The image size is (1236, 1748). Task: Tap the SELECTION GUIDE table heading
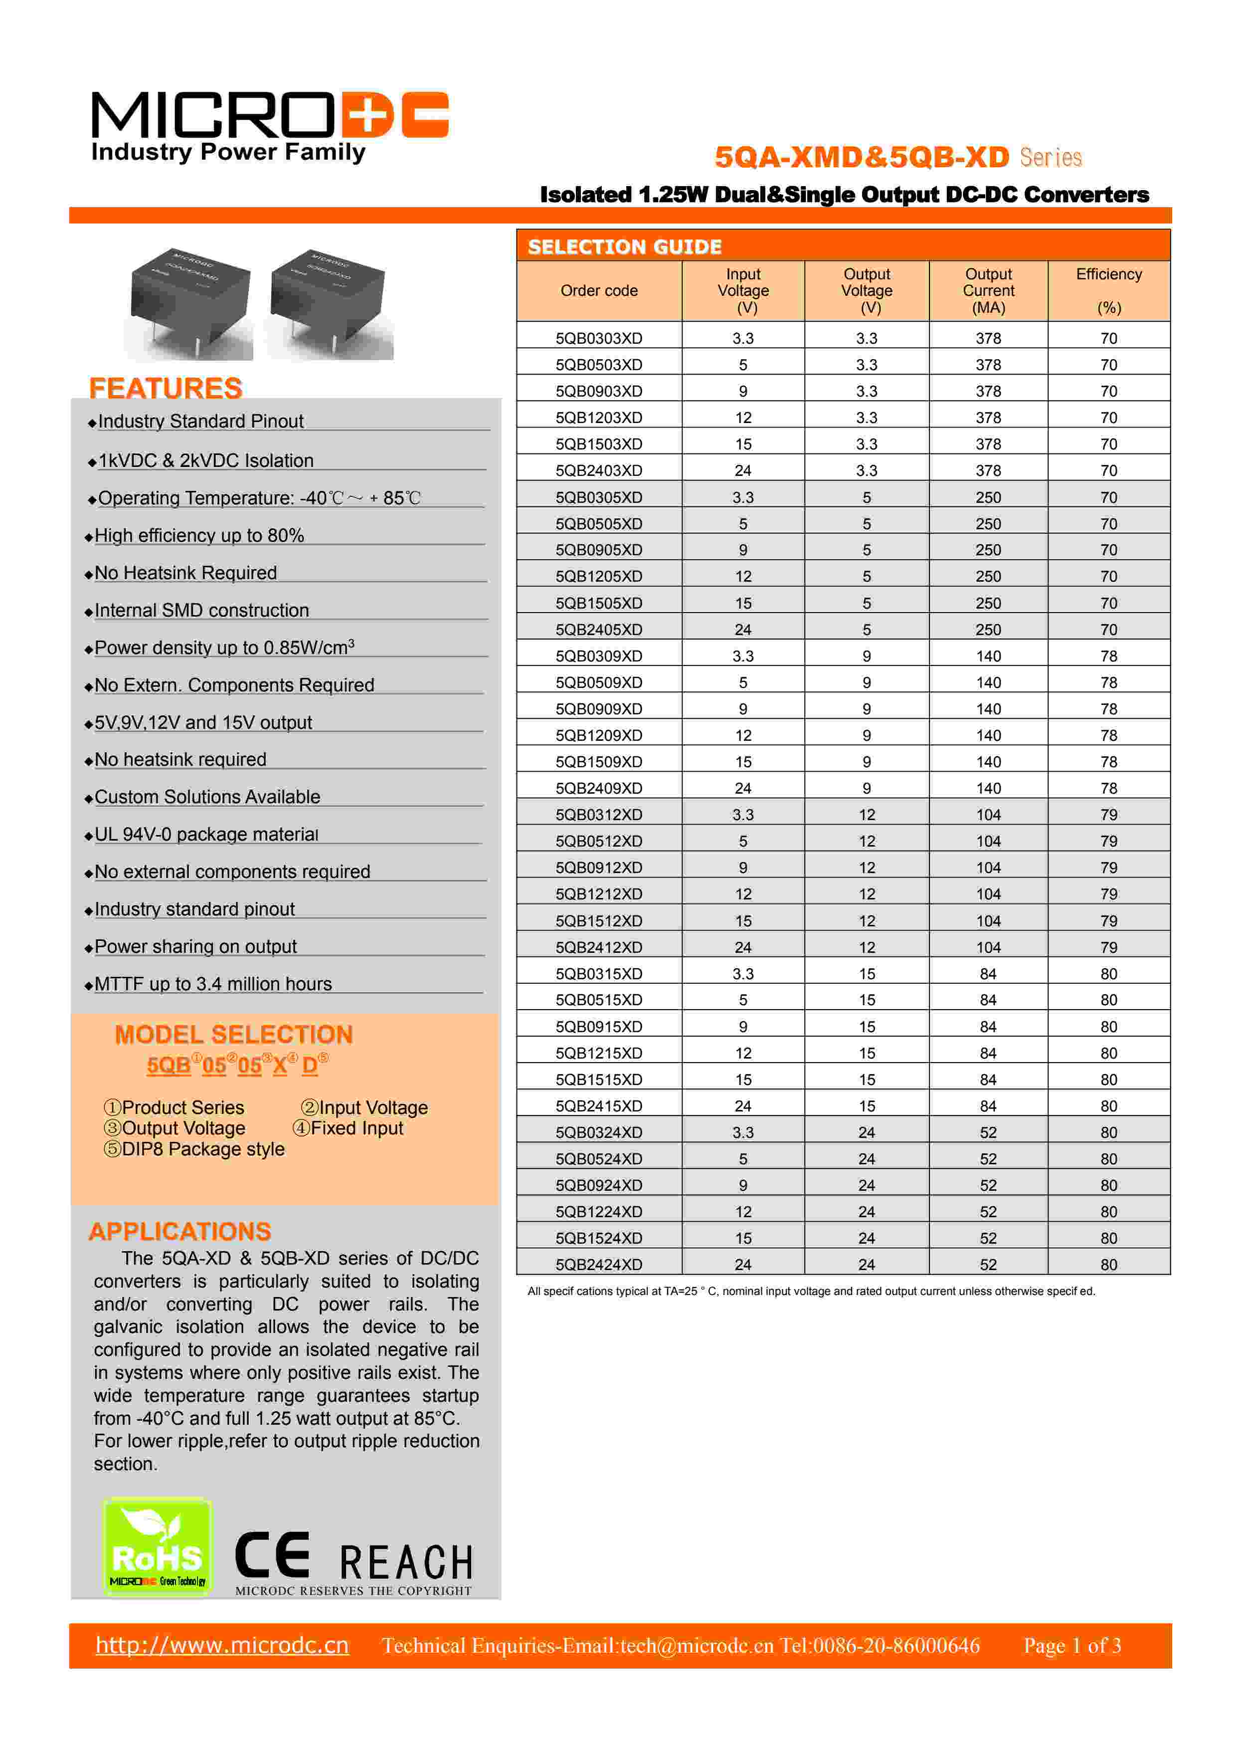[624, 246]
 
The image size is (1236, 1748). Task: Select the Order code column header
[599, 291]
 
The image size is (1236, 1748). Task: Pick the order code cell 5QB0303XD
[599, 338]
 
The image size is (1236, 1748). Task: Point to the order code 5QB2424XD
[599, 1265]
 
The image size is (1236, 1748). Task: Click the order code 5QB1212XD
[599, 894]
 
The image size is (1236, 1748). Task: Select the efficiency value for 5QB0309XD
[1108, 656]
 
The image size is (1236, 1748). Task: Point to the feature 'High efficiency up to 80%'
[199, 536]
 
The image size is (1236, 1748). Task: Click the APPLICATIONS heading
[179, 1231]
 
